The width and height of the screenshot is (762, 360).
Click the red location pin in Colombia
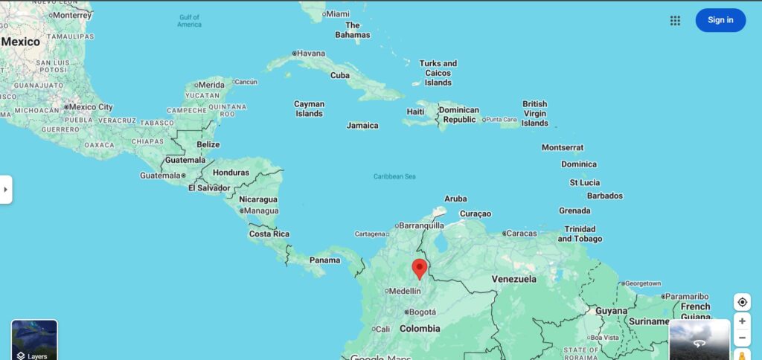[x=420, y=268]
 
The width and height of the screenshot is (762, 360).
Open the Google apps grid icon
[x=675, y=21]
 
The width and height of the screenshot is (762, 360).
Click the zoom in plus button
[x=742, y=321]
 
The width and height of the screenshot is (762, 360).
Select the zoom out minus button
[x=742, y=338]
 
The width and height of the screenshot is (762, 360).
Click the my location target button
[x=742, y=302]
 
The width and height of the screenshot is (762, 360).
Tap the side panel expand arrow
[x=6, y=190]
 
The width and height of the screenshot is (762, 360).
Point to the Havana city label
[x=310, y=53]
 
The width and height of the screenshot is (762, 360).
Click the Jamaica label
[x=362, y=126]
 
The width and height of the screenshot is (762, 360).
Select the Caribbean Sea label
[x=394, y=176]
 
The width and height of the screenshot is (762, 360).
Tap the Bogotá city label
[x=421, y=312]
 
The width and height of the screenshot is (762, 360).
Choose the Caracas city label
[x=521, y=234]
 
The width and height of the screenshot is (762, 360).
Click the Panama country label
[x=324, y=260]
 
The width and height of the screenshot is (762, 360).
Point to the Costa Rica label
[x=269, y=234]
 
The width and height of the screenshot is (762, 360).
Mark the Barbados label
[x=605, y=196]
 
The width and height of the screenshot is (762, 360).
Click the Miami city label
[x=337, y=13]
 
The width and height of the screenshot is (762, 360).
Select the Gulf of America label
[x=190, y=21]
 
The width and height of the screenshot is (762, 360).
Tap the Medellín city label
[x=405, y=291]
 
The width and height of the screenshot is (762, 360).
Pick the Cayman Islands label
[x=309, y=109]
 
